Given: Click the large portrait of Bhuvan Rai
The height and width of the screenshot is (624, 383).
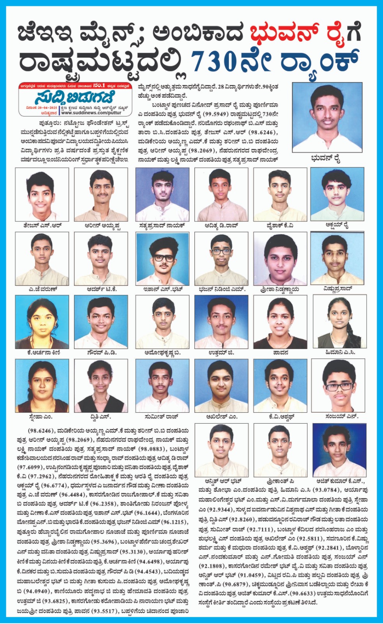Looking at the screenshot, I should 327,117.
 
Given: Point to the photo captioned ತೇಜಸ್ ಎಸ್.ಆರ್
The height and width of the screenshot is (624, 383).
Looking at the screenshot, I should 42,194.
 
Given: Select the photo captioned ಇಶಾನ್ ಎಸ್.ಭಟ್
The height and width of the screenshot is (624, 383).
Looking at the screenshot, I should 162,259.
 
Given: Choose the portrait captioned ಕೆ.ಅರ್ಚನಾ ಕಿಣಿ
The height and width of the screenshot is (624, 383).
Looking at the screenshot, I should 42,322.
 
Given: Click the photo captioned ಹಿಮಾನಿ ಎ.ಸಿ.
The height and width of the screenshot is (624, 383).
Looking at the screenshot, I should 339,322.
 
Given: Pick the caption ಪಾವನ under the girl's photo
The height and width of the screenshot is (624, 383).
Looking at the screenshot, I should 280,353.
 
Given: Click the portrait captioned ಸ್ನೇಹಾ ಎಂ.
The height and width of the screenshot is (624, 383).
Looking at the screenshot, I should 42,385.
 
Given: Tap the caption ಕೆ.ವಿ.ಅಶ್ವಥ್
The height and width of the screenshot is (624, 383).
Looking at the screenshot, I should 281,417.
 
